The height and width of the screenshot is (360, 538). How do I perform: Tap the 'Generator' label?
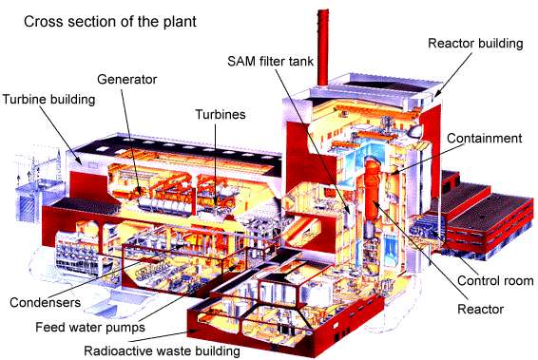[x=126, y=79]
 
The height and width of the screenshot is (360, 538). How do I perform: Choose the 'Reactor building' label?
[x=474, y=43]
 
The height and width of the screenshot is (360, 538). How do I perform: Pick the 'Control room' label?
[x=494, y=281]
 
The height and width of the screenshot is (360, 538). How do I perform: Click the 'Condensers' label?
[x=45, y=304]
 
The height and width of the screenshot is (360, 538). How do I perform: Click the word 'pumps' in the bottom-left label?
[x=125, y=327]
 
